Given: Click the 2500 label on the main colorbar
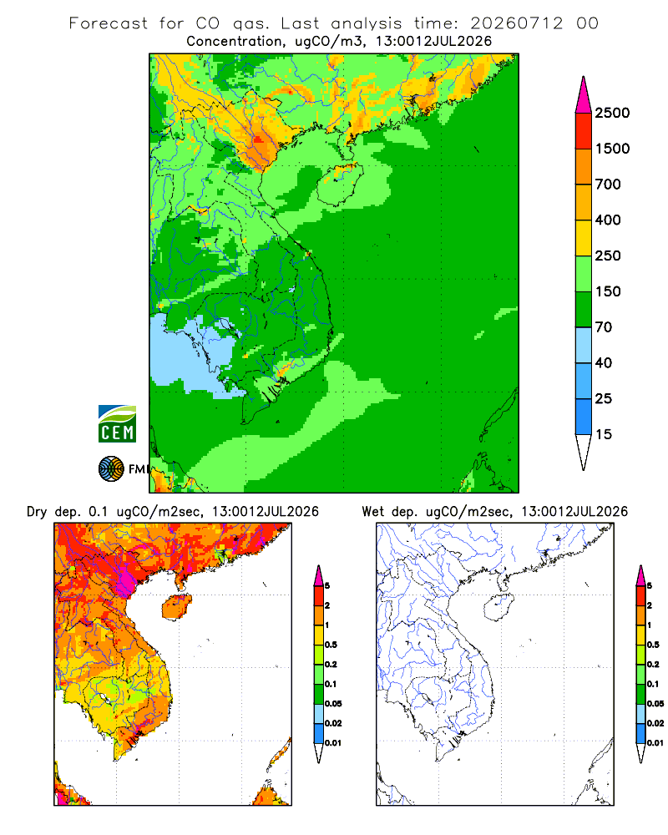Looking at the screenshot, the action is (x=612, y=113).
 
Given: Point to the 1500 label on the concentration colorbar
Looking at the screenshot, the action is (x=612, y=149).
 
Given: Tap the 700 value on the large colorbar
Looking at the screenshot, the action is (x=608, y=185).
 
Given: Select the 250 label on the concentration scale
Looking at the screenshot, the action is (x=608, y=256).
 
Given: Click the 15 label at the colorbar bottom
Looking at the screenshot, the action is (x=604, y=434).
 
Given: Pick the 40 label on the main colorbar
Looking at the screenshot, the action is (x=604, y=363).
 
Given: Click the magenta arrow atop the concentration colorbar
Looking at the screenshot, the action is (x=584, y=95).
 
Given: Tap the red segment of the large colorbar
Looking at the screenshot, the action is (x=584, y=131).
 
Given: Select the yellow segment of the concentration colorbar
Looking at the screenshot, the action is (x=584, y=238).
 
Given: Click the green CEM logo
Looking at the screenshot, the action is (x=117, y=424).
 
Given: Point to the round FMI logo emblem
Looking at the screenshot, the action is (x=111, y=469).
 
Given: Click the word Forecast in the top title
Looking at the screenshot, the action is (x=109, y=23).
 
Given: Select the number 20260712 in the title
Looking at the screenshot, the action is (x=516, y=23).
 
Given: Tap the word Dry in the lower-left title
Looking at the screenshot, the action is (x=38, y=512).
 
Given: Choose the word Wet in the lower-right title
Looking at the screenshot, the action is (x=373, y=512).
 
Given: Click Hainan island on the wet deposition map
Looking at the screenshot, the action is (x=498, y=607).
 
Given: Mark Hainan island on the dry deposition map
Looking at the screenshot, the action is (x=177, y=607).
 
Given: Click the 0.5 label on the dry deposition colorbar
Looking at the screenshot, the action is (x=331, y=645).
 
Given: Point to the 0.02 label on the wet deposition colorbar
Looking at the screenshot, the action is (x=655, y=723).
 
